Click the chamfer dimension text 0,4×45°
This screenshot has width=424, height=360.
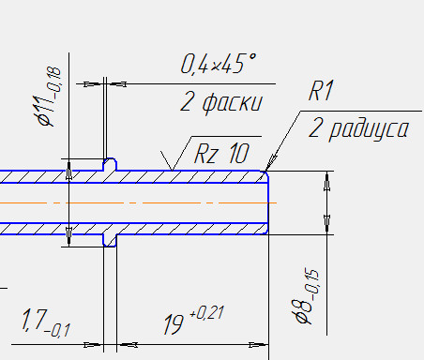(x=219, y=64)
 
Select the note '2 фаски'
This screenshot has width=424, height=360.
(x=221, y=102)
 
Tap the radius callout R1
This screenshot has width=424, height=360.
(x=321, y=91)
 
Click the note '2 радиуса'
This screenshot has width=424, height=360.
(x=358, y=128)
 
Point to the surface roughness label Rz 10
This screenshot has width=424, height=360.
(x=221, y=154)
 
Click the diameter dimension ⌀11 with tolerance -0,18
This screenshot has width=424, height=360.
(x=49, y=96)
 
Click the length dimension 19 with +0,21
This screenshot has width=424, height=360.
(x=194, y=320)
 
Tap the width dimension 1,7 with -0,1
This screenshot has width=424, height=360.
(x=46, y=322)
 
